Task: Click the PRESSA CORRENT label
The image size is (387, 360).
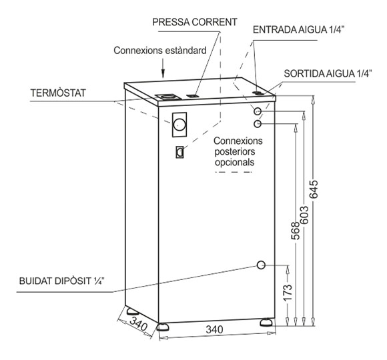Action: click(194, 22)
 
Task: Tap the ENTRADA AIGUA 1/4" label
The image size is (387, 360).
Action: click(298, 30)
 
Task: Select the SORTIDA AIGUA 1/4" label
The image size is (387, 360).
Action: click(328, 74)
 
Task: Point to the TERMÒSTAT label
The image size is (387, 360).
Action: click(58, 93)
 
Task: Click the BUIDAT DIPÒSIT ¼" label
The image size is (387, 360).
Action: click(61, 281)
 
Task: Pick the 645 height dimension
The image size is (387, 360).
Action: click(314, 189)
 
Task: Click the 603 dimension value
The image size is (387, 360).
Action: click(305, 215)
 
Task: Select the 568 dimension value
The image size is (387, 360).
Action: click(296, 231)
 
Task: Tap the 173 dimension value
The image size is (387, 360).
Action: click(288, 293)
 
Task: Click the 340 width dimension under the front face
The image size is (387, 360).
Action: click(214, 329)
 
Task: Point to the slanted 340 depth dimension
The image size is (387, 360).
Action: click(138, 324)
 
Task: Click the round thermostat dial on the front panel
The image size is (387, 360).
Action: click(179, 125)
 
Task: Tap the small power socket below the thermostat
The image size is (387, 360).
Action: click(179, 152)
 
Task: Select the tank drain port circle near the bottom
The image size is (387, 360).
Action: click(261, 265)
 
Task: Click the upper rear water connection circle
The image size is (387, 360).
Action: click(258, 111)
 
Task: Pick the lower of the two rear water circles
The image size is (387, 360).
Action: click(258, 123)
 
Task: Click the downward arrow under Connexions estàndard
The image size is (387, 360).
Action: click(163, 68)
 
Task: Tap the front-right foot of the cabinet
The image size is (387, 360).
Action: click(267, 322)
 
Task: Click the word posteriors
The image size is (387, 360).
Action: click(235, 152)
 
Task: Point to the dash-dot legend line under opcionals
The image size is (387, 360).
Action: click(234, 172)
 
